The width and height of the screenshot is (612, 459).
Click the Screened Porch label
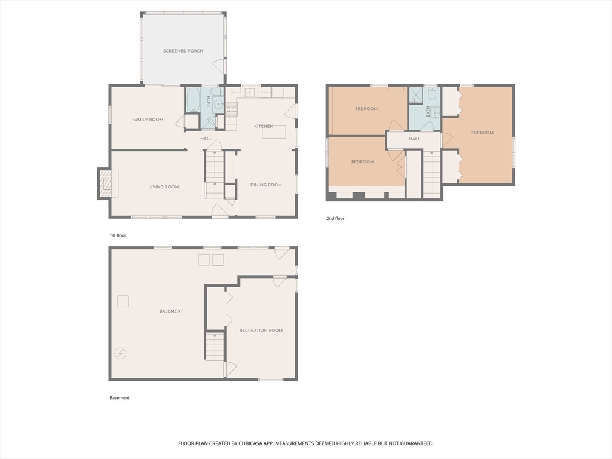(183, 51)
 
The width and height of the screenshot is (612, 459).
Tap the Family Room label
(148, 120)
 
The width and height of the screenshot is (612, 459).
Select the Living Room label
(164, 187)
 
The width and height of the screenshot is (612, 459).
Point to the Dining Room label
(266, 185)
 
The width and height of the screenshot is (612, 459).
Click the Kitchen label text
(264, 126)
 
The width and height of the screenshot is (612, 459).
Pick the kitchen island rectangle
(274, 131)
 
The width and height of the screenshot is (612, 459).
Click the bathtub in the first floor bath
(193, 100)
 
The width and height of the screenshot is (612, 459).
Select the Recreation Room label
(261, 331)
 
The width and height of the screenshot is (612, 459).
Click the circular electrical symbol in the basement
(121, 353)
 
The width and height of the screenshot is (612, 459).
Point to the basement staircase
(215, 347)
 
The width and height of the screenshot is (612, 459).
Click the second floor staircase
(432, 174)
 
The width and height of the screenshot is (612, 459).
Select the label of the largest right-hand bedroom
(482, 133)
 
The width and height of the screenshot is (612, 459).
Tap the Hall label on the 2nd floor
(415, 139)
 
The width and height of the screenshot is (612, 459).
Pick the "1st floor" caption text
(118, 235)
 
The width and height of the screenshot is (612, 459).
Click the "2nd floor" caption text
(335, 219)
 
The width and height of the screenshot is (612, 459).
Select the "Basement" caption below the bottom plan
(120, 398)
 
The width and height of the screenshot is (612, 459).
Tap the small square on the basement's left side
(123, 301)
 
